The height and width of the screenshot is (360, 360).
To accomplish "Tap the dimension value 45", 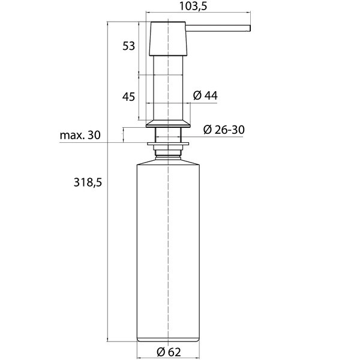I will (128, 97).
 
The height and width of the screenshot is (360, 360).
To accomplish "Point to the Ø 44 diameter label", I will (205, 96).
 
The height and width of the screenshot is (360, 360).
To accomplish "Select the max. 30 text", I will (80, 135).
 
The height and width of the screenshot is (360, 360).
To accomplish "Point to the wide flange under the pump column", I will (169, 124).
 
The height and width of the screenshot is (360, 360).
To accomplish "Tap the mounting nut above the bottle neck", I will (169, 143).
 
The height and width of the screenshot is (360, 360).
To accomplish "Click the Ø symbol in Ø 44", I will (197, 96).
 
